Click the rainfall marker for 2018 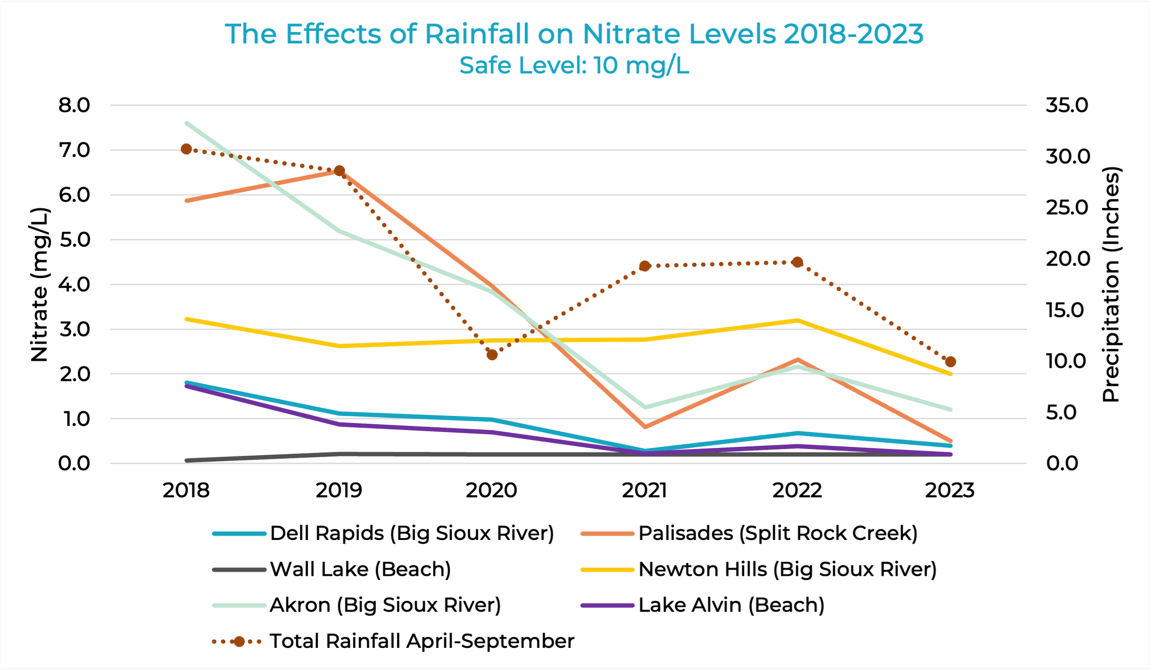click(186, 149)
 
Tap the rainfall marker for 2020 click(492, 355)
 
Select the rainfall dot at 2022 click(797, 262)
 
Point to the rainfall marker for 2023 click(950, 362)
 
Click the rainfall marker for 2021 click(645, 266)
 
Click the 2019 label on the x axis click(339, 490)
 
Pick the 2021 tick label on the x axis click(644, 490)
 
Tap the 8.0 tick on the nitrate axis click(74, 105)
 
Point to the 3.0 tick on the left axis click(74, 329)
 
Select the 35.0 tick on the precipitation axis click(1066, 105)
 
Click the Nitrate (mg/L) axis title click(40, 285)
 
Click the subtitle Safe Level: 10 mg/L click(574, 65)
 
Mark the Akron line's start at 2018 click(186, 123)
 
